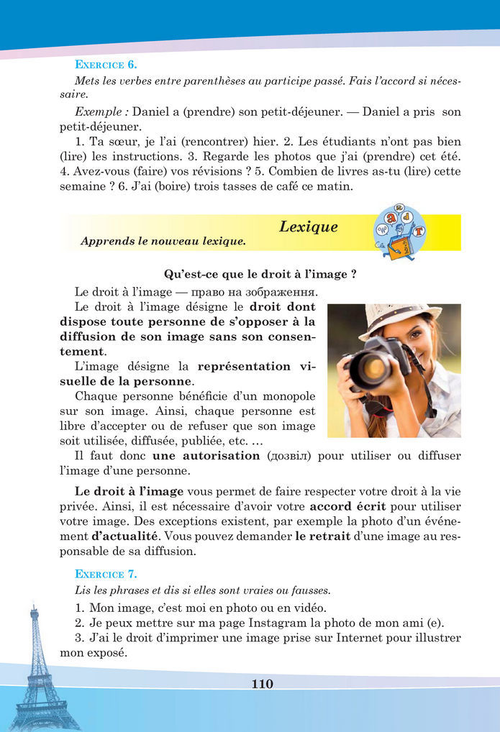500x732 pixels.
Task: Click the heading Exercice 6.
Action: coord(106,65)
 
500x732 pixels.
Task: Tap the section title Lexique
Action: coord(308,227)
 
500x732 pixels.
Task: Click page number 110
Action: coord(263,684)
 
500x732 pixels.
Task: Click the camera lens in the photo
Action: coord(374,367)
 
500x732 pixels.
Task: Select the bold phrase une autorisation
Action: coord(206,456)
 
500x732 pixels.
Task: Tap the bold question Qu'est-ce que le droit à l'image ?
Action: coord(261,274)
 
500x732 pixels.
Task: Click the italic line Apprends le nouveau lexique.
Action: coord(163,242)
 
